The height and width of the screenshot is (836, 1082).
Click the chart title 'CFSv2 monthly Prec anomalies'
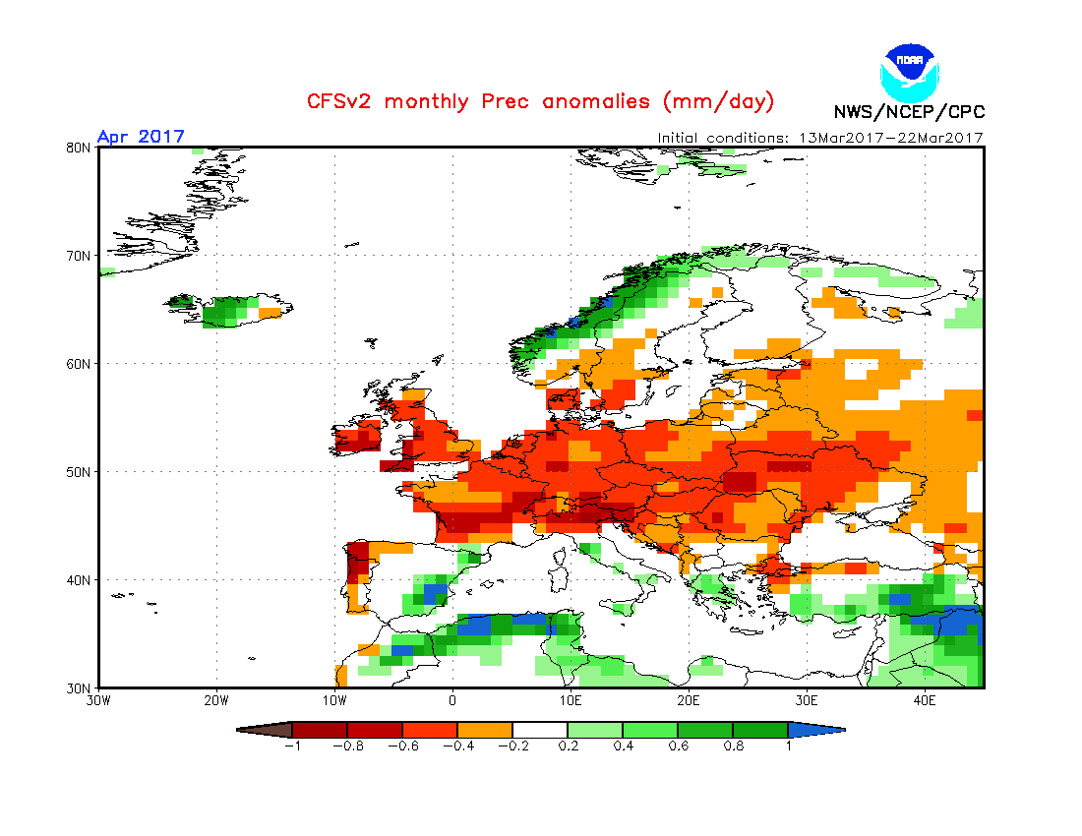(541, 101)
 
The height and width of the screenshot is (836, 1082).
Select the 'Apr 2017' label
(141, 137)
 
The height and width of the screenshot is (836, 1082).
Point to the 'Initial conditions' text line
(820, 138)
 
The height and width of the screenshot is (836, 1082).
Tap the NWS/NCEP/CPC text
(909, 111)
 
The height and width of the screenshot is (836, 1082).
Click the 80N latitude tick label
(79, 148)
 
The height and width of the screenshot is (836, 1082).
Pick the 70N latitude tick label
(79, 256)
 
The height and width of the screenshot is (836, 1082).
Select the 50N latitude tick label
(79, 472)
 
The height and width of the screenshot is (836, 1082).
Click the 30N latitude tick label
(79, 687)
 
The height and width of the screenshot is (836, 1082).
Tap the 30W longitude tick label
(98, 701)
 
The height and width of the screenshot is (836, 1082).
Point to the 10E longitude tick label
(571, 701)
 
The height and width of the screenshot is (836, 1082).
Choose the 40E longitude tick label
(925, 701)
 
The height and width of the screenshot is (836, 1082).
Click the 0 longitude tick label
(452, 701)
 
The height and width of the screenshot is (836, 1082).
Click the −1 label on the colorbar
(291, 746)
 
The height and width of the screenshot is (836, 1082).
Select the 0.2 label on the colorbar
(568, 746)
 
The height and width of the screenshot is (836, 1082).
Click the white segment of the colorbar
(540, 730)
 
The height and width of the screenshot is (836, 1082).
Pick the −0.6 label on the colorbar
(401, 746)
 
